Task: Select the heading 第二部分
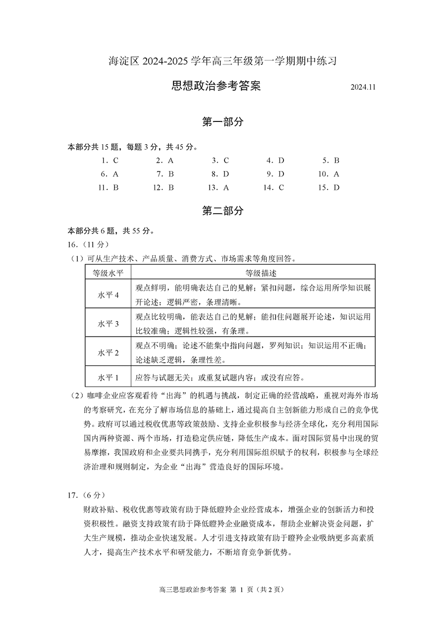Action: (x=223, y=211)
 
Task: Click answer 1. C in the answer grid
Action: (x=110, y=161)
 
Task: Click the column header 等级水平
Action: (x=108, y=272)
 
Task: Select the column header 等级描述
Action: (x=253, y=272)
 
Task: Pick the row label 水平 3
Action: (x=108, y=323)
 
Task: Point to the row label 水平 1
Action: (x=108, y=377)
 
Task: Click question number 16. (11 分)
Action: (x=88, y=244)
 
